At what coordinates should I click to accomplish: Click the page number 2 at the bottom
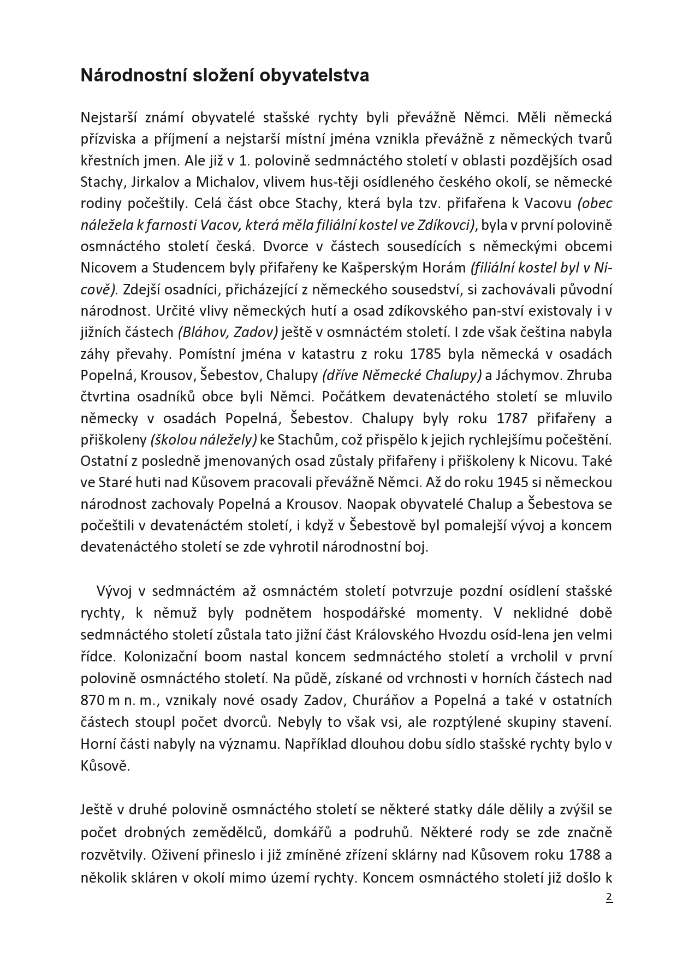pyautogui.click(x=609, y=897)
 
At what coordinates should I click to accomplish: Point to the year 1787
pyautogui.click(x=512, y=418)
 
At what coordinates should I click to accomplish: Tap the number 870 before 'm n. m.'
pyautogui.click(x=92, y=701)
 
